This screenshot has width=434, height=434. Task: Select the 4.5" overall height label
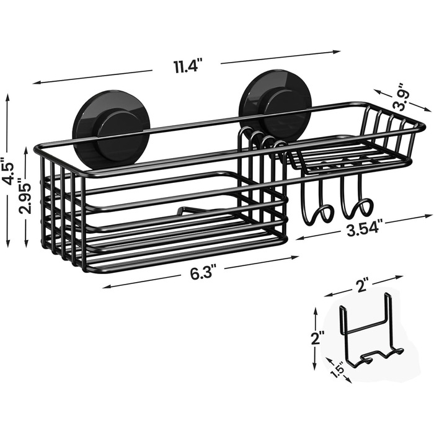pyautogui.click(x=7, y=170)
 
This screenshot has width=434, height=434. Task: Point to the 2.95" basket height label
pyautogui.click(x=25, y=196)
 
